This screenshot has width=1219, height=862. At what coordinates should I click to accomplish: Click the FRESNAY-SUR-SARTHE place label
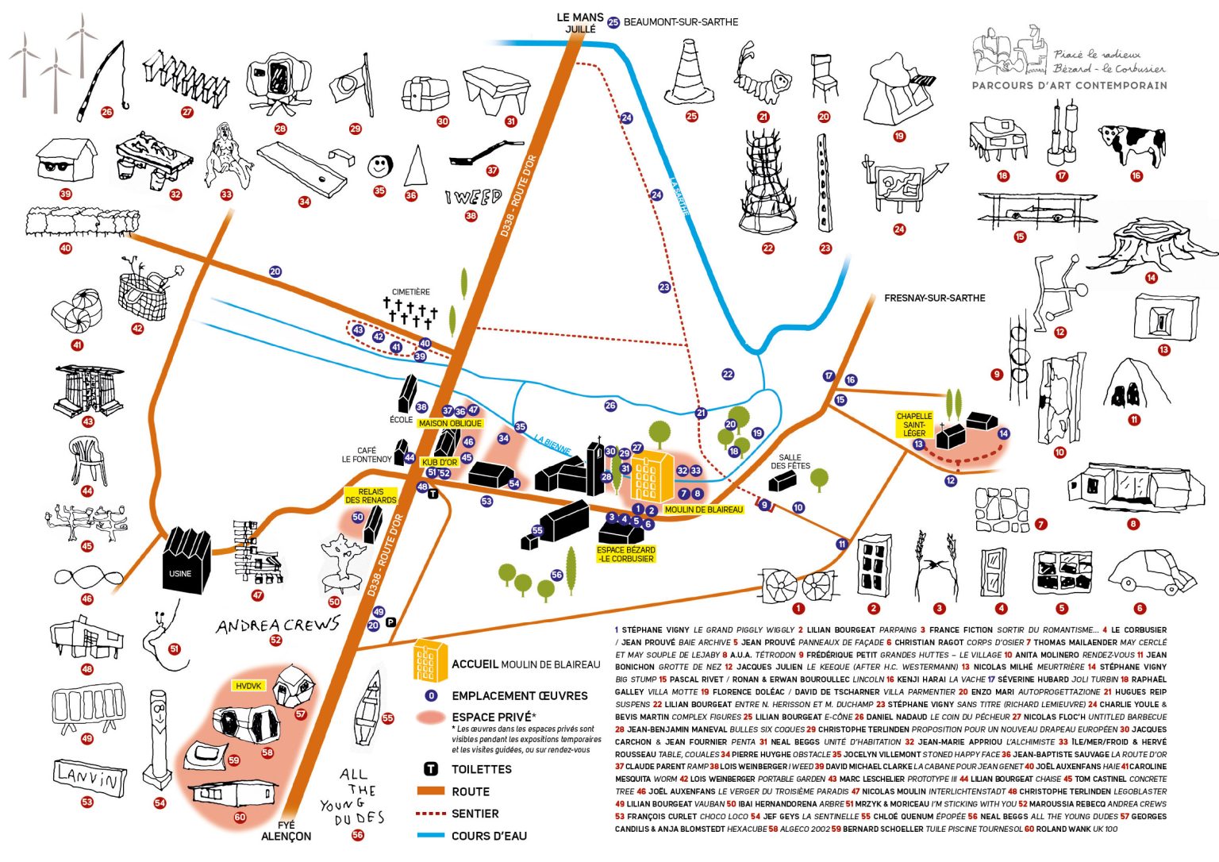(x=934, y=298)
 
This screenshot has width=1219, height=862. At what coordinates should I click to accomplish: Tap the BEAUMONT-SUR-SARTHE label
(x=680, y=22)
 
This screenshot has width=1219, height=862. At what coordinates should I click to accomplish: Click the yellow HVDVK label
(x=248, y=686)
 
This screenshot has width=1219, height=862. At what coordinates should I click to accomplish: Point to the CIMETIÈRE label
(x=410, y=292)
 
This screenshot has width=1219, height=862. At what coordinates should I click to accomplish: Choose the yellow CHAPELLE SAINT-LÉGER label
(x=914, y=425)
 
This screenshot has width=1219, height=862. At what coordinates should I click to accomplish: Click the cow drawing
(x=1132, y=143)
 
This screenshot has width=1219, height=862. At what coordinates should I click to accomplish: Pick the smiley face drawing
(x=380, y=166)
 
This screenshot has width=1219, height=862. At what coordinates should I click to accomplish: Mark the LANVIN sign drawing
(x=90, y=775)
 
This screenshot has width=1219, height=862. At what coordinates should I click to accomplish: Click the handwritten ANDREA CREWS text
(x=277, y=625)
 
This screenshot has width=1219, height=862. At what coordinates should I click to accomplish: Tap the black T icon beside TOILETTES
(x=431, y=769)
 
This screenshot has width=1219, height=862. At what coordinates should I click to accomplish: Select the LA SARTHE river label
(x=680, y=194)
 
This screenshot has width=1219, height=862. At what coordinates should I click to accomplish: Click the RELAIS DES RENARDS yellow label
(x=371, y=496)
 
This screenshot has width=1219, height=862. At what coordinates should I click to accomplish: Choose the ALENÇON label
(x=286, y=837)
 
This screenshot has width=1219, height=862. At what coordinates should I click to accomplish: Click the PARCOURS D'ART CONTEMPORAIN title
(x=1069, y=85)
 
